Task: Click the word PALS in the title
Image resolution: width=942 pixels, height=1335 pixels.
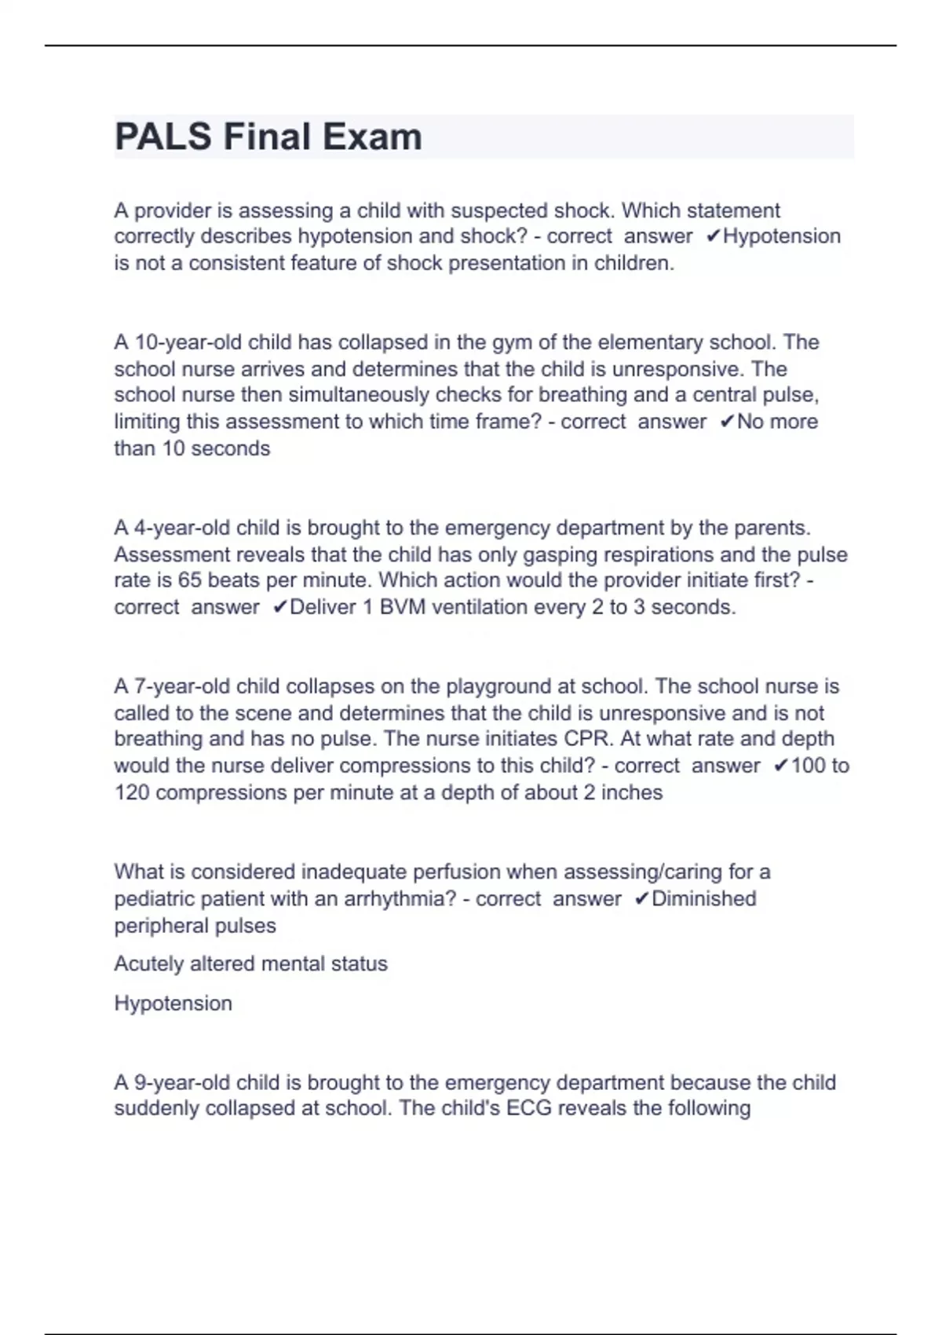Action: (x=163, y=137)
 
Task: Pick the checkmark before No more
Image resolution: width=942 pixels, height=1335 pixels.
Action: (x=727, y=422)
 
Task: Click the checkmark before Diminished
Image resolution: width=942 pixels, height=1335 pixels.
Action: (x=641, y=898)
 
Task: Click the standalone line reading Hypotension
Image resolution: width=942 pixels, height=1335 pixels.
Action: (x=173, y=1003)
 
